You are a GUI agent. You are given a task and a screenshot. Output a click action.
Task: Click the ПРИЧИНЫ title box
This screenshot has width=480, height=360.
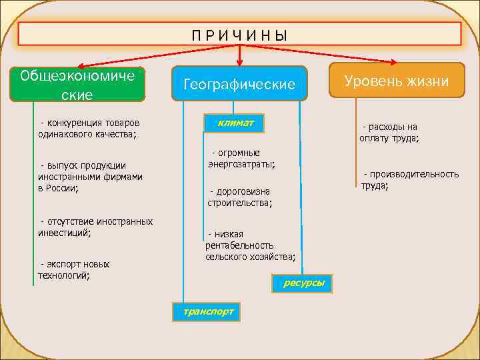coord(239,34)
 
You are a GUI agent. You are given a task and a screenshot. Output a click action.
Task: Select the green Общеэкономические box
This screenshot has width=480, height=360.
coord(77,84)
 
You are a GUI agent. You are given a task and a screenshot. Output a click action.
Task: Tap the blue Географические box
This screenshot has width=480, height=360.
coord(239,84)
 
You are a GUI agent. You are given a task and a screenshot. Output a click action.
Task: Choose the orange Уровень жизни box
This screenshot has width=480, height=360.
coord(396,81)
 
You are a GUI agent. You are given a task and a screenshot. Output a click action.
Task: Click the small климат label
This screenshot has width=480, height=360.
coord(234,123)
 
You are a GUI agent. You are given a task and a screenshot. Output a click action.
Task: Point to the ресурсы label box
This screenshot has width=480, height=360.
coord(303,283)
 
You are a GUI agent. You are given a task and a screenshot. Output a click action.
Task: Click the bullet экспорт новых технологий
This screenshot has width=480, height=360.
coord(74,269)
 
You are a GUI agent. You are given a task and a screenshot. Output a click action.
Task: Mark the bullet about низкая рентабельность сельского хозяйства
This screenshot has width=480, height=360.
coord(250,245)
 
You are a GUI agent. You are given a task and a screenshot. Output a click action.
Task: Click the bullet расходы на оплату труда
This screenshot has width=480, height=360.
coord(390,133)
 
